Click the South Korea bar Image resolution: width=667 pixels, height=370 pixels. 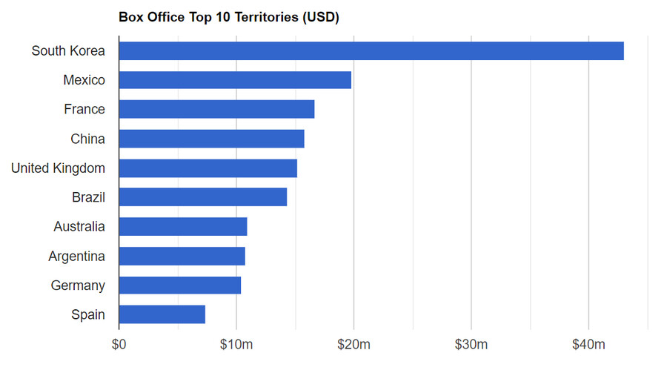(371, 51)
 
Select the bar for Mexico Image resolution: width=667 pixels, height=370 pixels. (235, 80)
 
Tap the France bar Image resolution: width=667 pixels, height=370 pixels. (216, 109)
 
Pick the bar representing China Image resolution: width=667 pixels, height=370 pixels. (211, 139)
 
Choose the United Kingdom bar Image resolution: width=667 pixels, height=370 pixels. (208, 168)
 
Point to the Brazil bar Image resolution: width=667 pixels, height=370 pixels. (202, 197)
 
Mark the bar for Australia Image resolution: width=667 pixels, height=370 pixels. (182, 227)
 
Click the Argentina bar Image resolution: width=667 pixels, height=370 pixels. (182, 256)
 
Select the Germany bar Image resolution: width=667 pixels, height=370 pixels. (179, 285)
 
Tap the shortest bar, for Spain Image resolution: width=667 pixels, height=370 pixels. (162, 314)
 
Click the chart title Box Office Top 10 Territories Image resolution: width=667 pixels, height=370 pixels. (228, 17)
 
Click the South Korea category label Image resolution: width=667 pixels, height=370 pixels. (68, 51)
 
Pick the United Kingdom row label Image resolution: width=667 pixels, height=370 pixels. (58, 168)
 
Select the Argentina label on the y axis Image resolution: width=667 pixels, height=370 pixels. (76, 257)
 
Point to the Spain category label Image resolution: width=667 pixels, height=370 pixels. (88, 315)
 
